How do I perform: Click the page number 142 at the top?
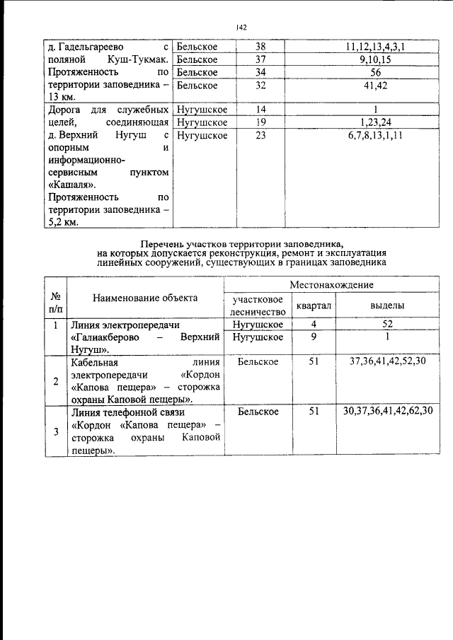241,28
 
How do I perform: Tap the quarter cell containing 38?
260,47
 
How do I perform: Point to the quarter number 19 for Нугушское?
260,122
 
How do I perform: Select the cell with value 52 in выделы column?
388,325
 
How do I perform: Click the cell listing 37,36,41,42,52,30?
388,361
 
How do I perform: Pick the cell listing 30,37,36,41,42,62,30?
388,411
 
